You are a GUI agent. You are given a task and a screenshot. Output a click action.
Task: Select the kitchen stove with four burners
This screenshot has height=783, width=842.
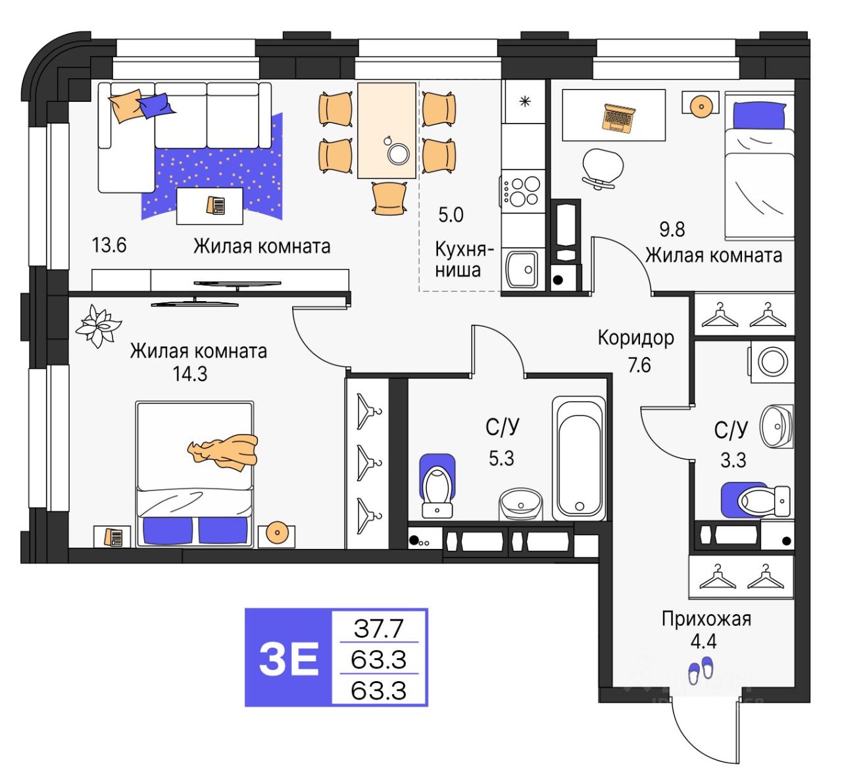pyautogui.click(x=524, y=191)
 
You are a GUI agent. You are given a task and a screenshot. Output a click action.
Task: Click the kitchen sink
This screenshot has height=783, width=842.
pyautogui.click(x=522, y=269)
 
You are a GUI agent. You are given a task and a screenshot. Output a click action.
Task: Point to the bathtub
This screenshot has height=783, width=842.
pyautogui.click(x=578, y=458)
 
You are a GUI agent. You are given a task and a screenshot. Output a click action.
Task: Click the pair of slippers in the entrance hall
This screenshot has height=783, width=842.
pyautogui.click(x=701, y=670)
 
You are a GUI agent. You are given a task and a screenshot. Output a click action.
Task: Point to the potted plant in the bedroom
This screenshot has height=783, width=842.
pyautogui.click(x=98, y=325)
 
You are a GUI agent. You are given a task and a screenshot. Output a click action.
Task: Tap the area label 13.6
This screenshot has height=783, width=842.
pyautogui.click(x=109, y=246)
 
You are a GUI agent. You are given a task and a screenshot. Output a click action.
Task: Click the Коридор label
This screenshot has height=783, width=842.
pyautogui.click(x=635, y=338)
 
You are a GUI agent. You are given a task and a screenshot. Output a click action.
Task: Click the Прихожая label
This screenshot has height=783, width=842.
pyautogui.click(x=706, y=619)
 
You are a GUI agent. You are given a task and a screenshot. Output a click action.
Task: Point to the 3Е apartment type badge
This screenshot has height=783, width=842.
pyautogui.click(x=289, y=657)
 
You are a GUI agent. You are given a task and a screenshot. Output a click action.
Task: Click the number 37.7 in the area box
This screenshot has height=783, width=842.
pyautogui.click(x=378, y=629)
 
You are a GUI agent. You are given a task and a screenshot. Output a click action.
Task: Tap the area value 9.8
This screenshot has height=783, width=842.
pyautogui.click(x=672, y=229)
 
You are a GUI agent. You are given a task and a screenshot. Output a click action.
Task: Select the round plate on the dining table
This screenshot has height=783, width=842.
pyautogui.click(x=399, y=153)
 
